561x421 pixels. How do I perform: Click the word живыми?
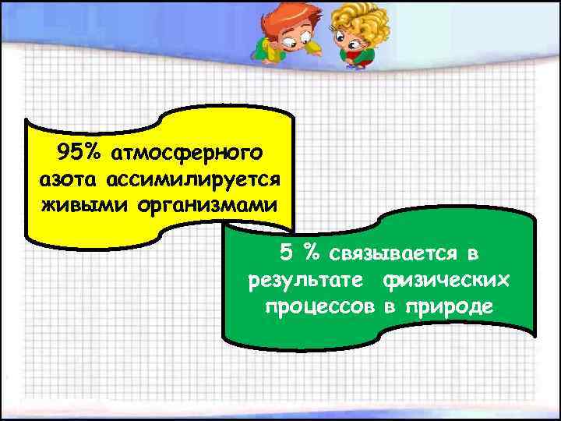tap(74, 207)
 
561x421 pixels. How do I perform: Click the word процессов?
tap(320, 306)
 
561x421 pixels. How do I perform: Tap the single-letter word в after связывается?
tap(473, 253)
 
